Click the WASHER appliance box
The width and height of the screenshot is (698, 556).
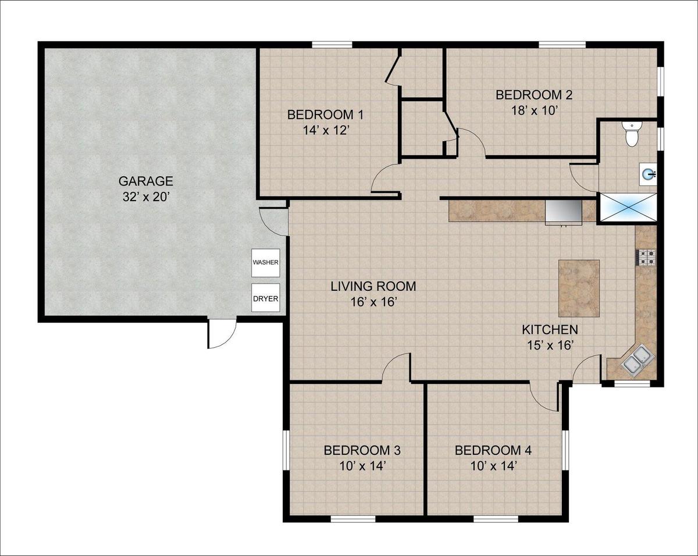pyautogui.click(x=266, y=263)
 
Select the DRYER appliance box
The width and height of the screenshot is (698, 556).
pyautogui.click(x=266, y=298)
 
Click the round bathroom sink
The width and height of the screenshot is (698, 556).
pyautogui.click(x=649, y=174)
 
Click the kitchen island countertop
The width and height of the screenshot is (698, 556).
pyautogui.click(x=579, y=288)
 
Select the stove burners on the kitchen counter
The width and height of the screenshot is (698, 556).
pyautogui.click(x=647, y=258)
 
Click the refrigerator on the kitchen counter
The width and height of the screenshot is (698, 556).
pyautogui.click(x=564, y=212)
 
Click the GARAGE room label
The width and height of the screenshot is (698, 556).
pyautogui.click(x=145, y=181)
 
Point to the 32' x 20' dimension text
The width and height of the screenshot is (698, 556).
pyautogui.click(x=146, y=197)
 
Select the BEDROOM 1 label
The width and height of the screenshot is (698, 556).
pyautogui.click(x=325, y=115)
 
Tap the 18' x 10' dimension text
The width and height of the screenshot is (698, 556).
pyautogui.click(x=534, y=111)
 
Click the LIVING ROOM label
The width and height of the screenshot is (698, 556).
pyautogui.click(x=373, y=287)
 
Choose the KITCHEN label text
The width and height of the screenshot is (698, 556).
pyautogui.click(x=550, y=330)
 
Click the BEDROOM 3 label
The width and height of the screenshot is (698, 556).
pyautogui.click(x=362, y=450)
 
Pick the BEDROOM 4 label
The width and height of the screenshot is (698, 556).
pyautogui.click(x=493, y=450)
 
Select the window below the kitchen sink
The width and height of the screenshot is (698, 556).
pyautogui.click(x=632, y=384)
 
